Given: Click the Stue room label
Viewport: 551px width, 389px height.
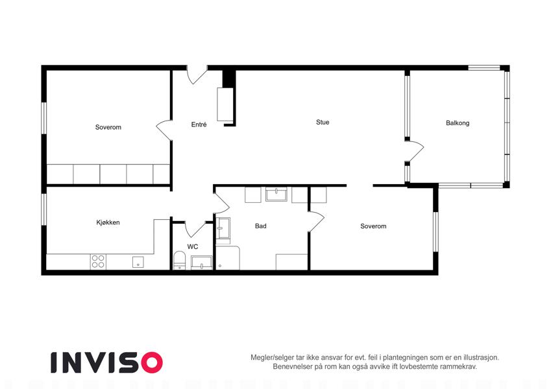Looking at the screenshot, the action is (323, 122).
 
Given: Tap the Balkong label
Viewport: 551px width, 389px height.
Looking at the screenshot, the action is (458, 123).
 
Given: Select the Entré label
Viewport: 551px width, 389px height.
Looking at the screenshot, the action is (199, 124).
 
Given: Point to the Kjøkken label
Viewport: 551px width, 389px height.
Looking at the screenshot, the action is (108, 222).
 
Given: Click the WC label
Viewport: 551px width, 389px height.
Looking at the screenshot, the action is (193, 246).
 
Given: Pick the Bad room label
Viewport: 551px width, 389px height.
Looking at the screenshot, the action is (261, 226).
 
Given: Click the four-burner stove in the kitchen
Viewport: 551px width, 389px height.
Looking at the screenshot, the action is (98, 261).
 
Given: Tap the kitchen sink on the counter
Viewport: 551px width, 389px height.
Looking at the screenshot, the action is (138, 262).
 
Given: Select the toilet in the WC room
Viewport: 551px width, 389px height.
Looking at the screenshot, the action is (180, 260).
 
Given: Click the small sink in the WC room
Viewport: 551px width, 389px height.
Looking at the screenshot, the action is (202, 263).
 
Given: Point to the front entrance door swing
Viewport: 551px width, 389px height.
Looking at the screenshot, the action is (197, 75).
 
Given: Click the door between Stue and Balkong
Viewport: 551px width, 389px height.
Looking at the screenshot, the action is (415, 151).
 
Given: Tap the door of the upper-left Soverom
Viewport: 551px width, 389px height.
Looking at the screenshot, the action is (164, 130).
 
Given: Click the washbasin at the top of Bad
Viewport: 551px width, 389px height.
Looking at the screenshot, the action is (276, 194).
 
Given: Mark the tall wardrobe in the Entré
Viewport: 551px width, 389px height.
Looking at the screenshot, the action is (225, 104).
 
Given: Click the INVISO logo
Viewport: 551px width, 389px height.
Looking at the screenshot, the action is (107, 362).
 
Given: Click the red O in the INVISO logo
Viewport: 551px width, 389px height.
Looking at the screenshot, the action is (152, 362).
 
